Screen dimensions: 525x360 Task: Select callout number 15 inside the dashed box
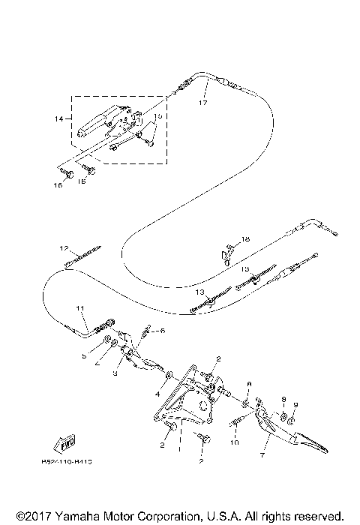157,117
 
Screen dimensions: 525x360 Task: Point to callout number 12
64,248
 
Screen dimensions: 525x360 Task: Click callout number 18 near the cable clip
244,239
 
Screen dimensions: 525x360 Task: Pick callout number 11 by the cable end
80,308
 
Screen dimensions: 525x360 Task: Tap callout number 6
161,331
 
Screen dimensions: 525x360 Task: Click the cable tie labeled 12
82,258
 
